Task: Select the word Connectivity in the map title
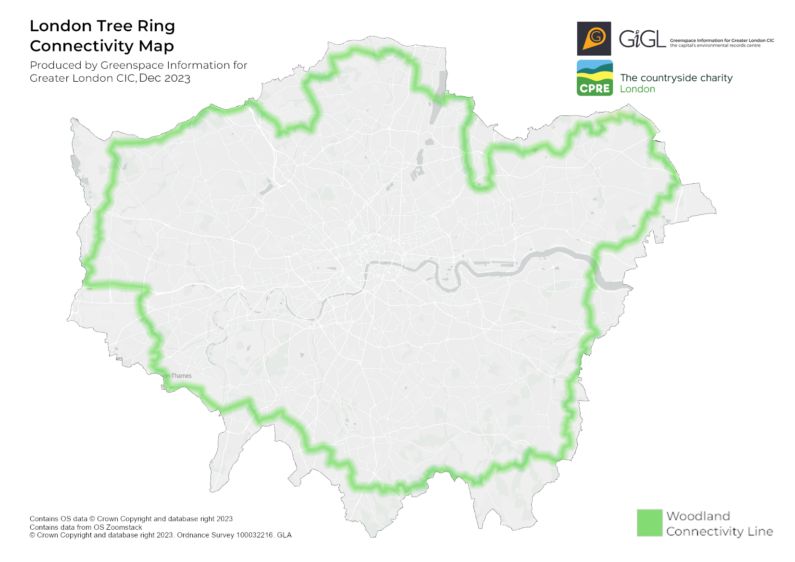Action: (82, 46)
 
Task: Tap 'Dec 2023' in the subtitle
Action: (164, 78)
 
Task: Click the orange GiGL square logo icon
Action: (594, 38)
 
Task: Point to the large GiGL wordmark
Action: (642, 39)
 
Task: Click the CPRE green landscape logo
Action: (595, 78)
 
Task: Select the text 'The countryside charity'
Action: (676, 78)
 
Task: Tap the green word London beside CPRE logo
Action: (637, 89)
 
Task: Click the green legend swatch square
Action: (649, 523)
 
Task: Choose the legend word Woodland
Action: (698, 516)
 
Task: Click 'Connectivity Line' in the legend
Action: (720, 532)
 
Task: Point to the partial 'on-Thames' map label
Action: (177, 376)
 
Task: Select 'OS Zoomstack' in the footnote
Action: (118, 527)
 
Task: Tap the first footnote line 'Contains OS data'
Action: (59, 519)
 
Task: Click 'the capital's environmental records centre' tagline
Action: (715, 46)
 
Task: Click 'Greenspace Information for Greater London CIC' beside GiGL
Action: (722, 40)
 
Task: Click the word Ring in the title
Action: (156, 26)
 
